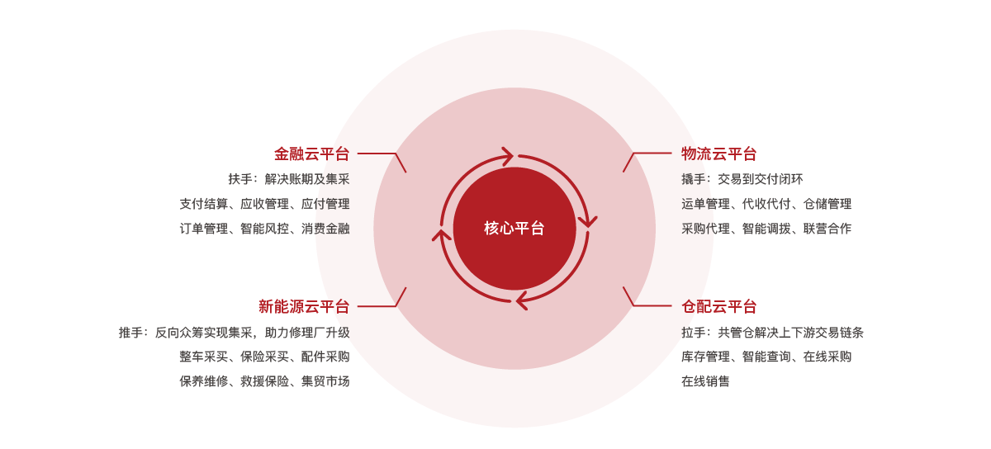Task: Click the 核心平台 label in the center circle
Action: [x=514, y=229]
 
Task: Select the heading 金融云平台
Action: [x=312, y=154]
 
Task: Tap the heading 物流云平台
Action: [x=719, y=154]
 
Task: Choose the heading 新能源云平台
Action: [x=304, y=306]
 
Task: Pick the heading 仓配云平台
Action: [x=719, y=306]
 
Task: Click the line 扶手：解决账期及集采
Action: [x=289, y=179]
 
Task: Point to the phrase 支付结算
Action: [x=203, y=204]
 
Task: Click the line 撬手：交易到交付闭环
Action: [x=742, y=179]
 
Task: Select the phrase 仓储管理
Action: [x=827, y=204]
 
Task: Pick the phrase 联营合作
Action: [x=827, y=229]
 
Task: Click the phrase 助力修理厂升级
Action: [x=307, y=333]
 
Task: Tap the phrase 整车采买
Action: [x=203, y=357]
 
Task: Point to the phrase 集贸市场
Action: [x=325, y=380]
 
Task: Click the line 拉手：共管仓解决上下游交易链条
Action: [x=772, y=333]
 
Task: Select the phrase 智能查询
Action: [x=766, y=357]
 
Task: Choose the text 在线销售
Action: [x=705, y=380]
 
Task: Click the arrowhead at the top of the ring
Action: [x=508, y=156]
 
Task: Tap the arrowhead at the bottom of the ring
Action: [x=521, y=300]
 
